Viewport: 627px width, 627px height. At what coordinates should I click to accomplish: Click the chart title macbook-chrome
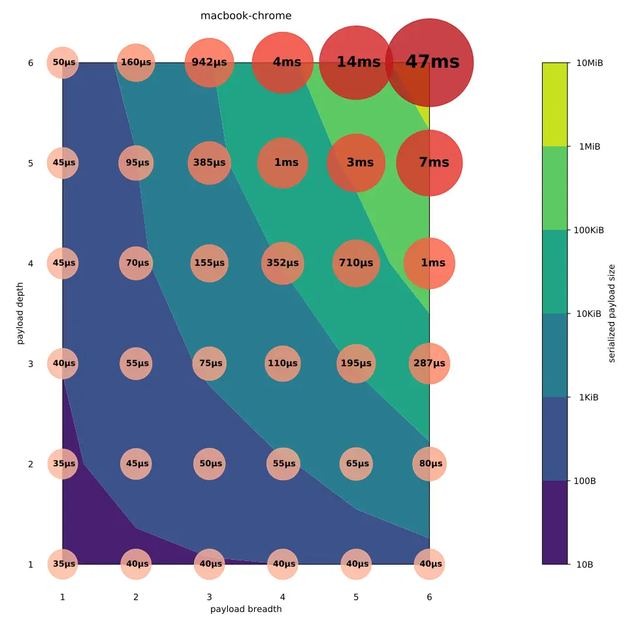click(246, 16)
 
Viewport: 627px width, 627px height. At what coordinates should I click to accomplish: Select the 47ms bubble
click(429, 62)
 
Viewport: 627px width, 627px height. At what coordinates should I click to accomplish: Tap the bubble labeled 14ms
click(356, 62)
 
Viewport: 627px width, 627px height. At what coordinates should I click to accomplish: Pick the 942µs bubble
click(209, 63)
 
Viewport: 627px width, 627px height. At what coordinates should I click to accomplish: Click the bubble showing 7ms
click(429, 163)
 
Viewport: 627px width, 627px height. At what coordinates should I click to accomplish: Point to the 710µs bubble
click(356, 263)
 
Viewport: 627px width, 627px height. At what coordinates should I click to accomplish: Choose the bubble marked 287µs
click(429, 363)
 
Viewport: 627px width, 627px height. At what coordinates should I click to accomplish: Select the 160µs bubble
click(136, 63)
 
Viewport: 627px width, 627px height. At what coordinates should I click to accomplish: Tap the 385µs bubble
click(209, 163)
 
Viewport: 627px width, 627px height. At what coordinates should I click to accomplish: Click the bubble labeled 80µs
click(429, 464)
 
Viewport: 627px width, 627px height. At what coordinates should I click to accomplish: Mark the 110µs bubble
click(283, 363)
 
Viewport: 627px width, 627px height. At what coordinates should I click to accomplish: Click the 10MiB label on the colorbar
click(590, 63)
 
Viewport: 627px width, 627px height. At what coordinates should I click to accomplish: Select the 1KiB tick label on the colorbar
click(587, 397)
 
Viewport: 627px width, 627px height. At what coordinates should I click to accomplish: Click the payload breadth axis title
click(246, 609)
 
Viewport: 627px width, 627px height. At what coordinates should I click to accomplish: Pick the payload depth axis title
click(20, 313)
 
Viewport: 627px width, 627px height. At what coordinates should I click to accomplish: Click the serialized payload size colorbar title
click(611, 313)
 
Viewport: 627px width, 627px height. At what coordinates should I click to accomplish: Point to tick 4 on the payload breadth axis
click(283, 597)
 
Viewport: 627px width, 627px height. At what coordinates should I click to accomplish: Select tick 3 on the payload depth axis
click(30, 364)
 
